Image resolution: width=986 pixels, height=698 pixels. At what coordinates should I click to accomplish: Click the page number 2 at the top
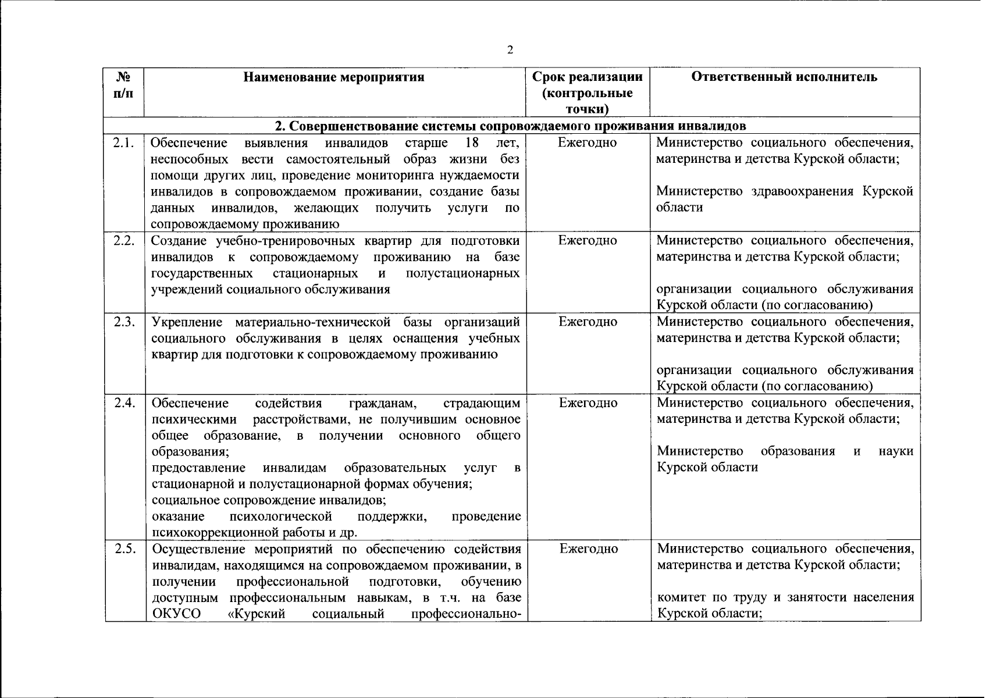[510, 50]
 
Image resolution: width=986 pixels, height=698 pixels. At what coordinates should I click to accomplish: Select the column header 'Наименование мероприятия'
[333, 77]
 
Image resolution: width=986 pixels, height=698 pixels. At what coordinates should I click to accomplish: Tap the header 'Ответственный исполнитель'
[784, 77]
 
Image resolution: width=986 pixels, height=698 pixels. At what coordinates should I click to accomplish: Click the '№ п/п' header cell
[123, 85]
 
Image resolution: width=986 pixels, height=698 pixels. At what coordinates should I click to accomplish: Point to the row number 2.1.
[124, 143]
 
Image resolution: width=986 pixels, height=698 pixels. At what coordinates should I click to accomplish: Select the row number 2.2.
[124, 241]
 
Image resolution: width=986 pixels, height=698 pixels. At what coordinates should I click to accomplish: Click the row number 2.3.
[124, 322]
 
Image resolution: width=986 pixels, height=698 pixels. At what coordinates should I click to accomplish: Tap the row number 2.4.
[124, 403]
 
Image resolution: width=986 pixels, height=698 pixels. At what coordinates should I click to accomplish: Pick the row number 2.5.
[124, 549]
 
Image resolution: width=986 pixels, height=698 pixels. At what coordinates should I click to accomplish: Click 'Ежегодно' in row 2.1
[588, 143]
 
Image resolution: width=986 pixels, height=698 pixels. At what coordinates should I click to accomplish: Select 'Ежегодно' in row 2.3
[588, 322]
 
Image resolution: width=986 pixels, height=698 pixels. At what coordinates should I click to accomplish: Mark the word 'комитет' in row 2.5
[681, 597]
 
